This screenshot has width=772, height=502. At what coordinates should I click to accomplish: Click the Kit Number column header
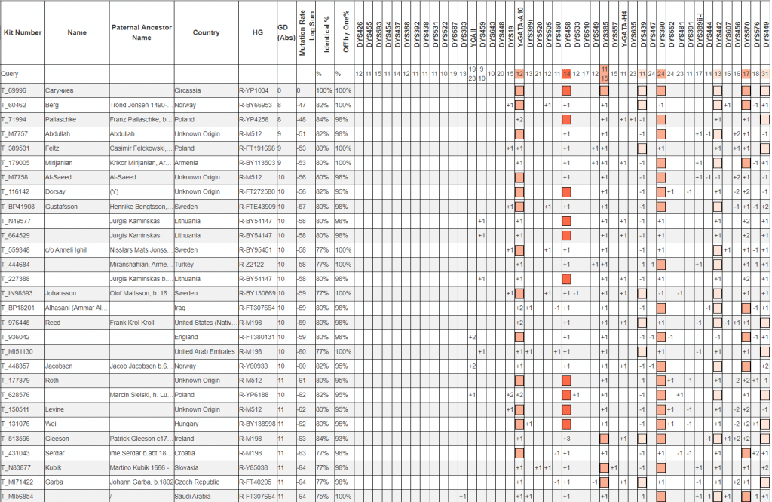pyautogui.click(x=22, y=32)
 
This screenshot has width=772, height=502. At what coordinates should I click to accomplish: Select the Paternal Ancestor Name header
pyautogui.click(x=141, y=32)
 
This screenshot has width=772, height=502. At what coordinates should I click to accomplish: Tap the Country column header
pyautogui.click(x=206, y=32)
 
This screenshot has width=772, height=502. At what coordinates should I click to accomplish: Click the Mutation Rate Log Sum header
pyautogui.click(x=302, y=32)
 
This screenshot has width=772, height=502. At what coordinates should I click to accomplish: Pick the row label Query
pyautogui.click(x=10, y=74)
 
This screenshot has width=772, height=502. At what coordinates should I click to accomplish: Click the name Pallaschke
pyautogui.click(x=60, y=119)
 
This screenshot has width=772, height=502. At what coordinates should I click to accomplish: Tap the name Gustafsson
pyautogui.click(x=62, y=206)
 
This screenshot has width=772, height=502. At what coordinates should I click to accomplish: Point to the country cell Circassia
pyautogui.click(x=189, y=90)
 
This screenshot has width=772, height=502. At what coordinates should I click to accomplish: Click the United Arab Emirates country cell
pyautogui.click(x=204, y=351)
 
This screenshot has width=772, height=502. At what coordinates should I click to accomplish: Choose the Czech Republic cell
pyautogui.click(x=197, y=482)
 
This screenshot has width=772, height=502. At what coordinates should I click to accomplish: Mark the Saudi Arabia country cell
pyautogui.click(x=193, y=496)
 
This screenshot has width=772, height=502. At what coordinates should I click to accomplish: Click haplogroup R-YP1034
pyautogui.click(x=254, y=90)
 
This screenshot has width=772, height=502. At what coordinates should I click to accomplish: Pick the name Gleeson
pyautogui.click(x=58, y=438)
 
